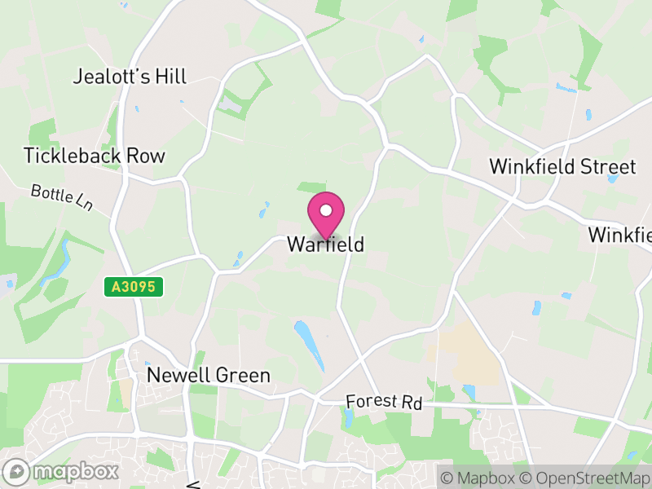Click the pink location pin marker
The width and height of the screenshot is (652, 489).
(x=326, y=215)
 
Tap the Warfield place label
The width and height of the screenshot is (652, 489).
(x=325, y=244)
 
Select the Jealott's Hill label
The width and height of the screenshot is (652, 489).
(x=130, y=77)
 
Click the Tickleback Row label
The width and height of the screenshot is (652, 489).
(x=95, y=156)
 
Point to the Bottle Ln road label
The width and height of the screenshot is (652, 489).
(x=62, y=198)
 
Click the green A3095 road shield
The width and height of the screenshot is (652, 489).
(x=134, y=287)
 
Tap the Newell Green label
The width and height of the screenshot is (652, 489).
(x=208, y=376)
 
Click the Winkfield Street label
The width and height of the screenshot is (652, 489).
(x=562, y=167)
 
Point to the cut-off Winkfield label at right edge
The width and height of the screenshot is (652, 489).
(x=620, y=236)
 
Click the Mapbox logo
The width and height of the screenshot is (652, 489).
(x=62, y=471)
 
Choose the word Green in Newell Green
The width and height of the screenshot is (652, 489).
(x=242, y=376)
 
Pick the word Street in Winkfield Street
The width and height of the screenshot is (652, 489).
(x=606, y=167)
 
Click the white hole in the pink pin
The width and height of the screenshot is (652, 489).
(x=326, y=210)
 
